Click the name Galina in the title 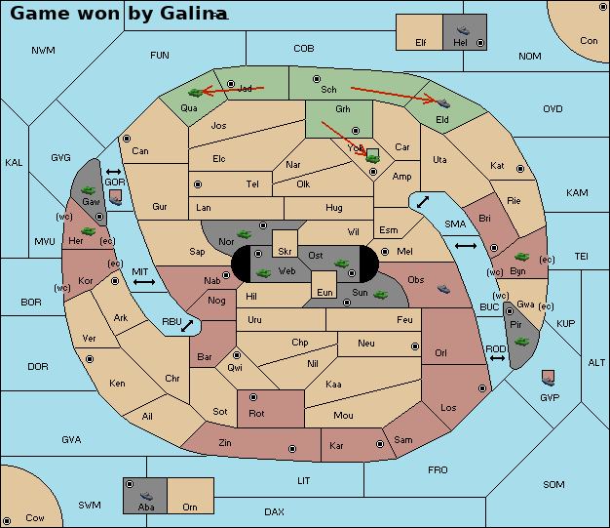tap(194, 14)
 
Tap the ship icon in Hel tap(463, 30)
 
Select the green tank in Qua tap(196, 93)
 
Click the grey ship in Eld tap(443, 102)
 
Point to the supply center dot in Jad tap(231, 84)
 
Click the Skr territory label tap(285, 252)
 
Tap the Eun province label tap(324, 292)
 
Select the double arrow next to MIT tap(144, 282)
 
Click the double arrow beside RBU tap(187, 326)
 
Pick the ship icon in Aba tap(147, 496)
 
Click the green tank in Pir tap(521, 342)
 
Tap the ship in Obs tap(443, 289)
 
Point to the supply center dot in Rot tap(253, 397)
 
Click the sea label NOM tap(530, 56)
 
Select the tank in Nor tap(245, 234)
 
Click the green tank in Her tap(89, 231)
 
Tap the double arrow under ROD tap(497, 358)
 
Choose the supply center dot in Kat tap(520, 169)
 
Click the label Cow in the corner tap(35, 518)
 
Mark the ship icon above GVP tap(549, 381)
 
